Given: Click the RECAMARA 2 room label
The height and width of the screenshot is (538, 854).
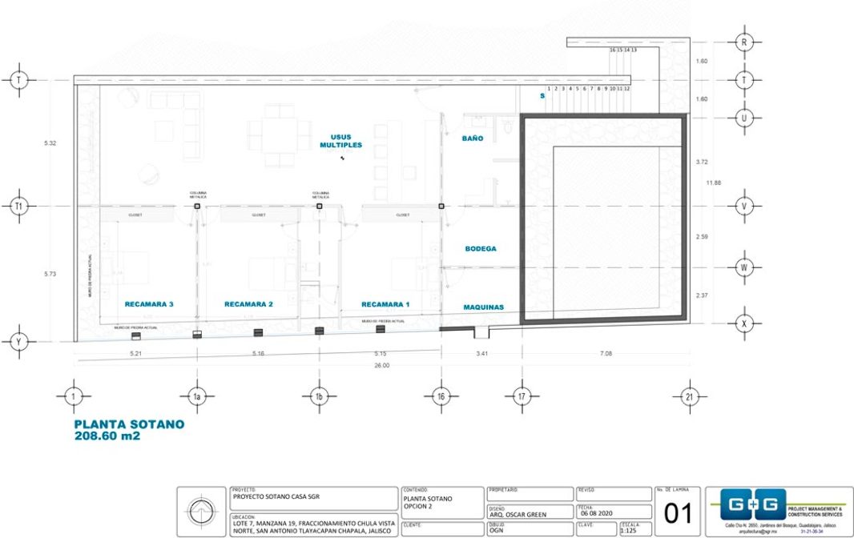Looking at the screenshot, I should coord(248,304).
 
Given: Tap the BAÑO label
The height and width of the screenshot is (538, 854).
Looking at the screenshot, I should coord(473,139).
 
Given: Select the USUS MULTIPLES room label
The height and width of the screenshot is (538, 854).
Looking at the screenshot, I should coord(341,141).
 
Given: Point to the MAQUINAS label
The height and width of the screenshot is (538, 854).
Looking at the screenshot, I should coord(484,307).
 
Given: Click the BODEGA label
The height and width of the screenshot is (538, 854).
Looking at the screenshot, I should coord(481,249).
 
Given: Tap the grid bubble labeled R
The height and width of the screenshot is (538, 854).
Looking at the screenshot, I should coord(744,41).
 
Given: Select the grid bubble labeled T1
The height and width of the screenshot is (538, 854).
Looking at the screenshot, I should coord(18,207).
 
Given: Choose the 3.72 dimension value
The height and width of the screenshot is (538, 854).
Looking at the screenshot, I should coord(702,162).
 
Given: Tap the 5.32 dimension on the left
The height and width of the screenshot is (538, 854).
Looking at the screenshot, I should coord(50,143).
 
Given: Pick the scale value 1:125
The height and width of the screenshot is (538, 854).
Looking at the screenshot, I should coord(629,529).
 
